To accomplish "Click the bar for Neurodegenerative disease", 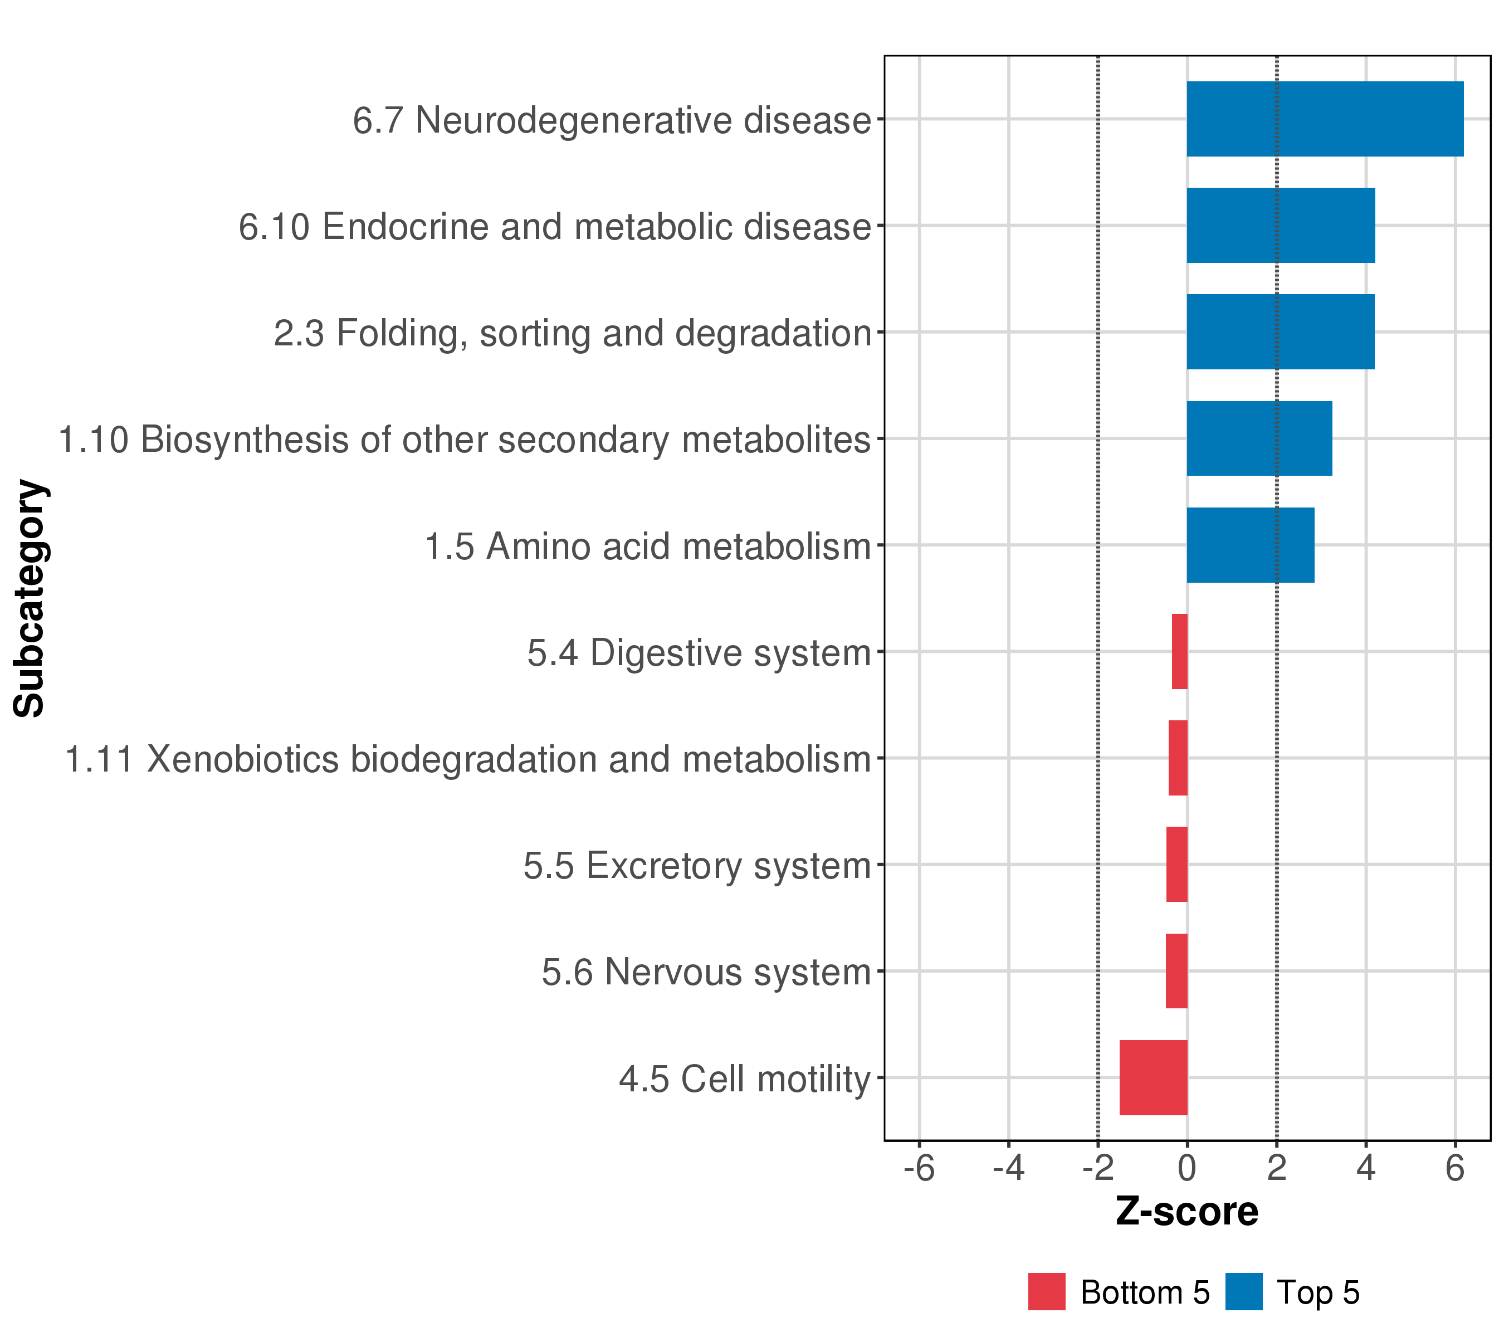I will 1325,119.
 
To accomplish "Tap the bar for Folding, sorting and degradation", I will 1280,332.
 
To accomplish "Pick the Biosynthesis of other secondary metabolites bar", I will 1259,438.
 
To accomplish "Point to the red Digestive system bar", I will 1179,651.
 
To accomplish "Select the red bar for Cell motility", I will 1153,1077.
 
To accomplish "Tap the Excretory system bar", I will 1176,865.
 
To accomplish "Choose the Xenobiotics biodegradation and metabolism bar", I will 1178,758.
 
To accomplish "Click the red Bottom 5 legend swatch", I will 1046,1291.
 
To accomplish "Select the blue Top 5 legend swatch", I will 1243,1291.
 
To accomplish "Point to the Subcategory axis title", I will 30,598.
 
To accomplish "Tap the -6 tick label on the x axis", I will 919,1168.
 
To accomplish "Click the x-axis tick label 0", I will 1187,1168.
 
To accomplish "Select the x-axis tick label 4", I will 1366,1168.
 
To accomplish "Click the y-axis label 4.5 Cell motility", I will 745,1080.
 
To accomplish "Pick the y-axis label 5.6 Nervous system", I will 706,972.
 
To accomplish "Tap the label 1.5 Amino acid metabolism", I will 647,546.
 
